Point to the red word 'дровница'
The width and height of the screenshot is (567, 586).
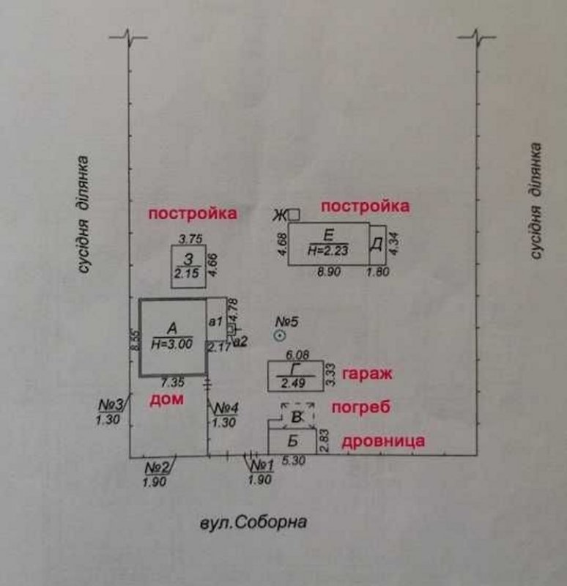(x=384, y=442)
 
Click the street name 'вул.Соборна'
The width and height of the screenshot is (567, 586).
(x=251, y=523)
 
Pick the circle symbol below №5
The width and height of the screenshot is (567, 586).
(x=279, y=336)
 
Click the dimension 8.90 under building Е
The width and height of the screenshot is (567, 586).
(x=328, y=272)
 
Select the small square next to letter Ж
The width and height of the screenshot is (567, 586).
(x=294, y=215)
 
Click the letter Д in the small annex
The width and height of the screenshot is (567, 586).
(x=377, y=245)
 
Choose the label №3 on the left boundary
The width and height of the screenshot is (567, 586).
(x=111, y=406)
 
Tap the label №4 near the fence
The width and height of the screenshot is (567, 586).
(x=225, y=409)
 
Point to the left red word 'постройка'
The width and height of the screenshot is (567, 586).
(x=193, y=214)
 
